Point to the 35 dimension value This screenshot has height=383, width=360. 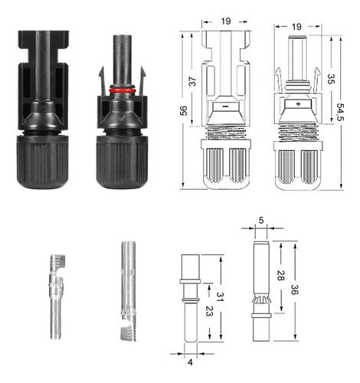(329, 78)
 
